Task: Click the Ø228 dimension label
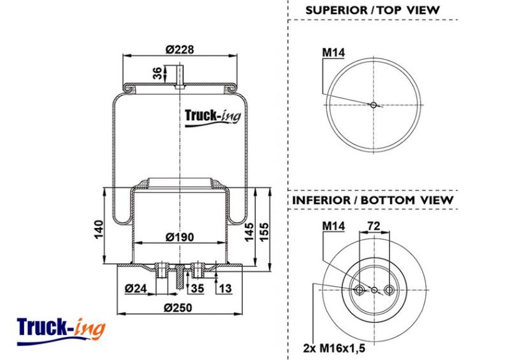click(180, 50)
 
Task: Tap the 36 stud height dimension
click(157, 73)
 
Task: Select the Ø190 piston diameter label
click(180, 237)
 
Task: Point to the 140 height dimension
click(99, 229)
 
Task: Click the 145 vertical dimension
click(249, 232)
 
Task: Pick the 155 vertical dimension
click(264, 232)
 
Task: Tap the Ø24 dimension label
click(136, 288)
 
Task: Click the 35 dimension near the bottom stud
click(197, 288)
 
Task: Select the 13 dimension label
click(225, 288)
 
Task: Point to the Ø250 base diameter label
click(178, 308)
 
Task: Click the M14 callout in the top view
click(333, 52)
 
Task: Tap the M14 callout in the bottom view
click(333, 226)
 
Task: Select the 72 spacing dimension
click(374, 226)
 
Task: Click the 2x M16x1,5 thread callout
click(334, 349)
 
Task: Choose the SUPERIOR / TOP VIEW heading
click(372, 10)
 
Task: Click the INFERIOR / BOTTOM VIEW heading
click(373, 200)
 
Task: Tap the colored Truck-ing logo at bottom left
click(61, 331)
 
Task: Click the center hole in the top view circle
click(374, 104)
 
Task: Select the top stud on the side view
click(180, 76)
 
